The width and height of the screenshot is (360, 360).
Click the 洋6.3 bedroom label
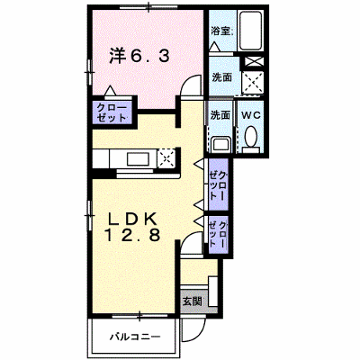139,56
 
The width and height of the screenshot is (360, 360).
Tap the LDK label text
132,220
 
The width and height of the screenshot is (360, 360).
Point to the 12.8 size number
132,235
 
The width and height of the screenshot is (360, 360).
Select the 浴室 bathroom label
221,31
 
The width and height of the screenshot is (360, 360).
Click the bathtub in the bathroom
251,31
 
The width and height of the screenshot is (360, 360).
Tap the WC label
251,115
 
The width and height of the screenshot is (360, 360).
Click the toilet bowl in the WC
251,137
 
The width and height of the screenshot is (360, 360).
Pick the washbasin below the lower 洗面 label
220,145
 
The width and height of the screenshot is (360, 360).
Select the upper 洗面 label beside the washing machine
222,77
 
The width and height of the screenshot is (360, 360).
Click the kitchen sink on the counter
138,159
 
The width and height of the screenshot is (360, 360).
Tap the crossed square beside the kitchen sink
166,157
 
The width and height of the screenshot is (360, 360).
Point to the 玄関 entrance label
192,301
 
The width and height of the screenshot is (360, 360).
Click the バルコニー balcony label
135,337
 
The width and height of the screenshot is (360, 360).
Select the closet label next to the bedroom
112,112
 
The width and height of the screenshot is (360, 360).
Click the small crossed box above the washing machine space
254,62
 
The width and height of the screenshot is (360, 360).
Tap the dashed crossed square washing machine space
253,83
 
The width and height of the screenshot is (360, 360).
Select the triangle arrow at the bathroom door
215,47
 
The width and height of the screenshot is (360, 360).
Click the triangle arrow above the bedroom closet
110,91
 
